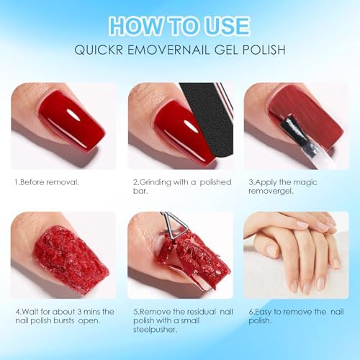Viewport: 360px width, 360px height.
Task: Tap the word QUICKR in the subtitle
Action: pyautogui.click(x=99, y=50)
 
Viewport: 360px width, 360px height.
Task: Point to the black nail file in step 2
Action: pyautogui.click(x=210, y=121)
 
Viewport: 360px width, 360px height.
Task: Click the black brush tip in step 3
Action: pyautogui.click(x=289, y=127)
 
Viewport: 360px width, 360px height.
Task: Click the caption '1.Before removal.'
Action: pyautogui.click(x=47, y=182)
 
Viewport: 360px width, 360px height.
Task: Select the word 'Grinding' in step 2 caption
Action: pyautogui.click(x=156, y=182)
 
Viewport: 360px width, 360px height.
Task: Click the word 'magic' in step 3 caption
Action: pyautogui.click(x=305, y=183)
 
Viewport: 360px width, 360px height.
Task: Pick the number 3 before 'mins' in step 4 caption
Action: pyautogui.click(x=80, y=312)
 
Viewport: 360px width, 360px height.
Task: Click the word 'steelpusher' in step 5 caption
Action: pyautogui.click(x=155, y=330)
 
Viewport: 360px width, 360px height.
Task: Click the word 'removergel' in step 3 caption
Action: pyautogui.click(x=270, y=192)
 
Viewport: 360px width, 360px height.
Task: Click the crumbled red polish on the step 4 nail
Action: pyautogui.click(x=71, y=257)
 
